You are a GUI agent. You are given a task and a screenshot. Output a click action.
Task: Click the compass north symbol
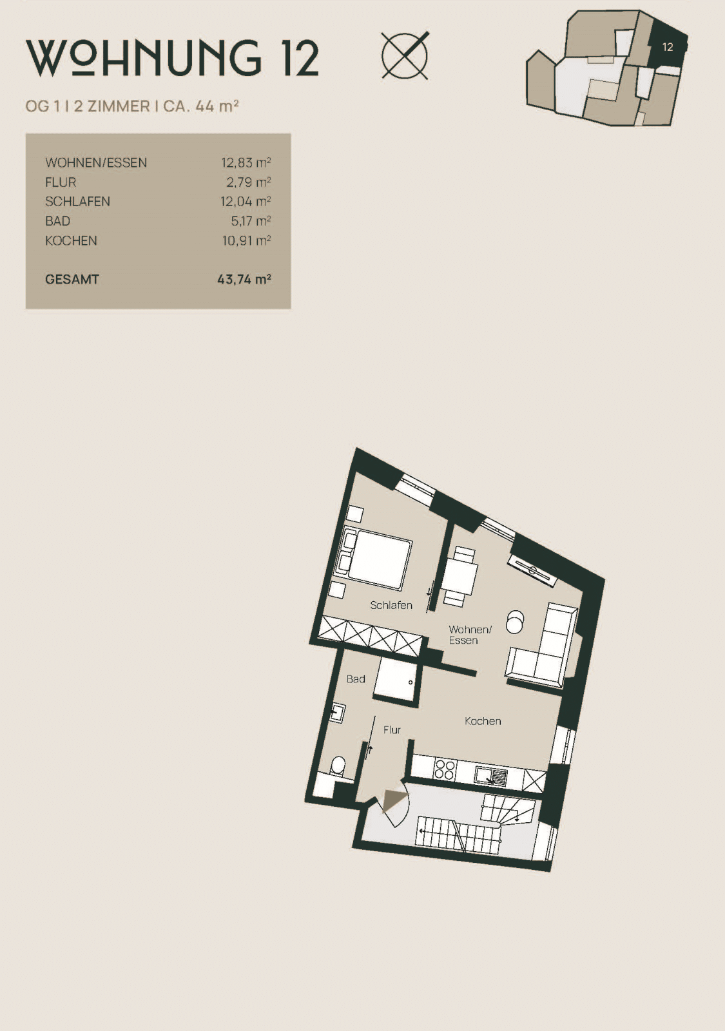(x=405, y=55)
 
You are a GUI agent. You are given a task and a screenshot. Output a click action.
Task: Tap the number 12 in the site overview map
(x=668, y=47)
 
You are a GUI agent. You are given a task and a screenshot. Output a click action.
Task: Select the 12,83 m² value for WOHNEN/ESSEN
(x=246, y=162)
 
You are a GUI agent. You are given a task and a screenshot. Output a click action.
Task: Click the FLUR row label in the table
(x=61, y=182)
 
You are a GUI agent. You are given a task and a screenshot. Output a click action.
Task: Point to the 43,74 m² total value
(x=244, y=280)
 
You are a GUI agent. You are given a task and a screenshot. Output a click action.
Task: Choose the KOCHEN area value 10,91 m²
(x=247, y=241)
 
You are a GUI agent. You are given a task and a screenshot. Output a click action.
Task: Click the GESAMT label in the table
(x=72, y=280)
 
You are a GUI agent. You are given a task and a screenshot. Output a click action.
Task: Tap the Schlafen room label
(x=391, y=605)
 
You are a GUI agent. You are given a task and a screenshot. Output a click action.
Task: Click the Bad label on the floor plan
(x=356, y=679)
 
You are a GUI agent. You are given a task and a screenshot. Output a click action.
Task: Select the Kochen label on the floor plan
(x=483, y=721)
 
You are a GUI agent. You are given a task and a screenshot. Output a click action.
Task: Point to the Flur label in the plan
(x=392, y=729)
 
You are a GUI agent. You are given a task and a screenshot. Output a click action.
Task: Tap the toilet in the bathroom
(x=338, y=766)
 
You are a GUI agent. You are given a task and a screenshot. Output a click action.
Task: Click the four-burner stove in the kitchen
(x=445, y=769)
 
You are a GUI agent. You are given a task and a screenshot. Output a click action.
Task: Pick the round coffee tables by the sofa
(x=515, y=621)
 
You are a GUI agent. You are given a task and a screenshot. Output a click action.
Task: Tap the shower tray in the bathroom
(x=396, y=679)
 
